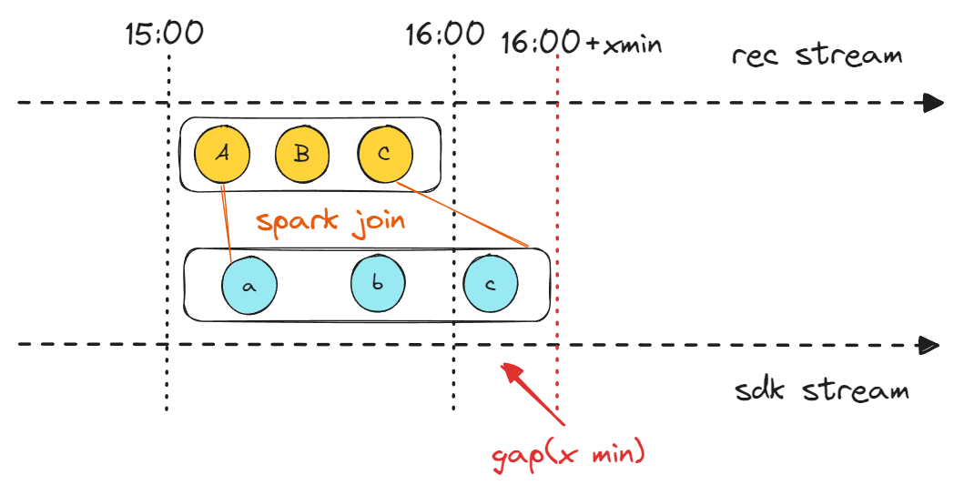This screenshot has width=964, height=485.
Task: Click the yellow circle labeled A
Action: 222,154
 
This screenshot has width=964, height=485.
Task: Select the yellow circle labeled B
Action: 302,154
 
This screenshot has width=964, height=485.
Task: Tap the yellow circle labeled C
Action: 385,154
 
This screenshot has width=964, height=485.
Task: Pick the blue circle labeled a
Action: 249,285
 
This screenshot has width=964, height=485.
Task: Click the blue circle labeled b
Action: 378,284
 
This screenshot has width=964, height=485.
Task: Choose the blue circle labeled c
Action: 491,284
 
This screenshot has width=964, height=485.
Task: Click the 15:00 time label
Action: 165,35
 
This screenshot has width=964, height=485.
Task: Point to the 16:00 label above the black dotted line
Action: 445,35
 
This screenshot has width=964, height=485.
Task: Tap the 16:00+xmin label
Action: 581,42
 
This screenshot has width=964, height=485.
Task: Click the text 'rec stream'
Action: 817,56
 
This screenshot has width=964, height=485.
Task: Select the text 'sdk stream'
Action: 821,391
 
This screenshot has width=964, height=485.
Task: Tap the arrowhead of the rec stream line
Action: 932,103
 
